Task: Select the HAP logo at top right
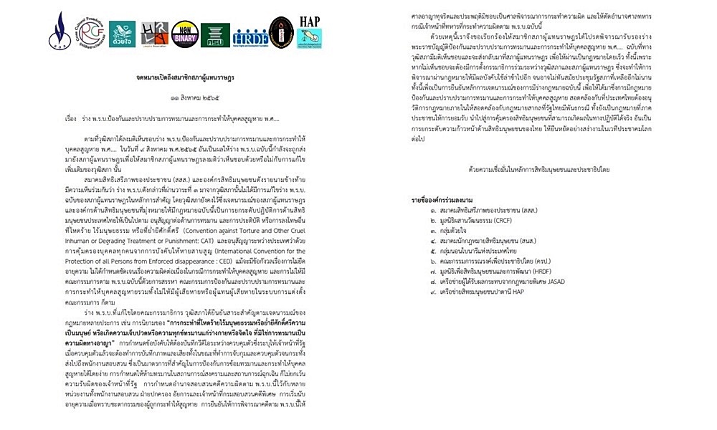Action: tap(309, 29)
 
